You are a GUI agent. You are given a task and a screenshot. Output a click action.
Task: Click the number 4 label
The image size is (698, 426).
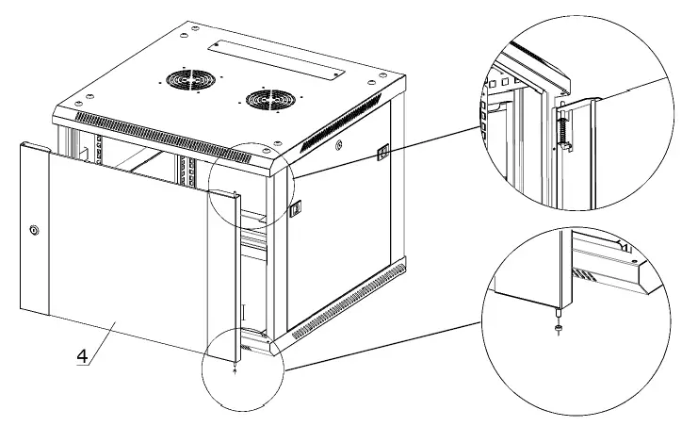tap(82, 357)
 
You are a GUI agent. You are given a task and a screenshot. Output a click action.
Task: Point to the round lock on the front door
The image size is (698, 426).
tap(34, 229)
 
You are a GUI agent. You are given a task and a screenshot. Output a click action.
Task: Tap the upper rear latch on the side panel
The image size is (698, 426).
tap(383, 151)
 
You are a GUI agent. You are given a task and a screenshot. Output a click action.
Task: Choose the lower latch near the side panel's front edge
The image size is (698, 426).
tap(294, 206)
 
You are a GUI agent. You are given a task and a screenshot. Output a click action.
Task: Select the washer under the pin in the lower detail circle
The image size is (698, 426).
tap(560, 327)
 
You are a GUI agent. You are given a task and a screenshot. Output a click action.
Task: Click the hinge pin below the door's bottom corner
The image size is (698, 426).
tap(235, 367)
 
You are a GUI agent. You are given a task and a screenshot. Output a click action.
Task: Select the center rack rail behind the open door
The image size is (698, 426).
tap(187, 170)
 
